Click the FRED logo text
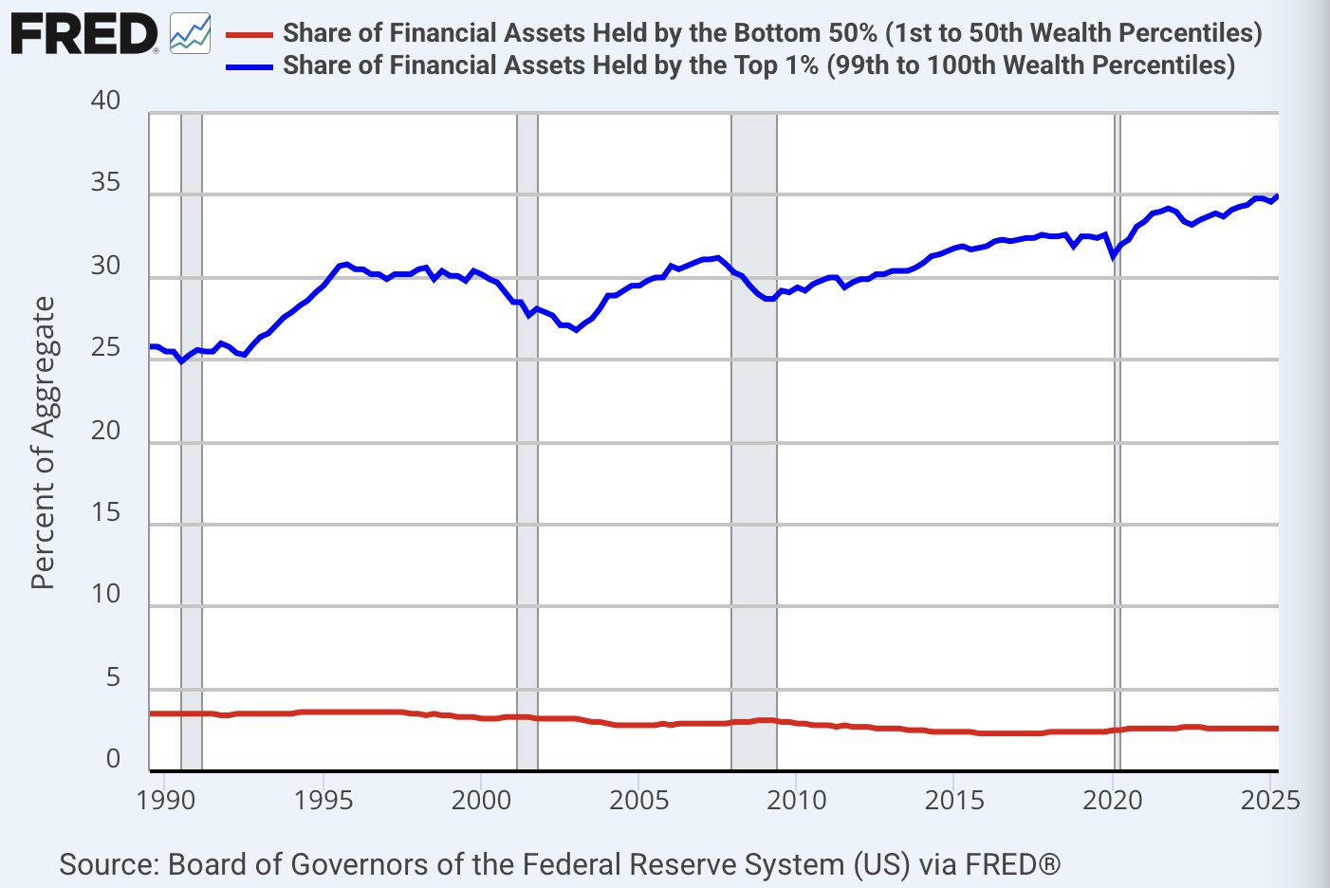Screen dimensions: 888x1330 [83, 34]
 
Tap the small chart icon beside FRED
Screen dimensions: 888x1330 [190, 34]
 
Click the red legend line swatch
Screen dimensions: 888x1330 [249, 35]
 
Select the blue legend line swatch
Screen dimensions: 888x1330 [249, 66]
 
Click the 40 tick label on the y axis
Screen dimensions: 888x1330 [105, 101]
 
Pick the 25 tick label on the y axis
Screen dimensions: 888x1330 [105, 347]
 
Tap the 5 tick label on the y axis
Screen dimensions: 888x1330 [113, 676]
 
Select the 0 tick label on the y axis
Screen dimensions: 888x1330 [113, 759]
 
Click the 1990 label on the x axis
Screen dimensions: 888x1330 [166, 800]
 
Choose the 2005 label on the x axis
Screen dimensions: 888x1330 [638, 800]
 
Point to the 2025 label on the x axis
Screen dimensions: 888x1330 [1269, 800]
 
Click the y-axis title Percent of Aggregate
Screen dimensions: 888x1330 [44, 442]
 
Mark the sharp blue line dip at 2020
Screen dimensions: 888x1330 [1114, 255]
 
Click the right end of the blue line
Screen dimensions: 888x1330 [1277, 196]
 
